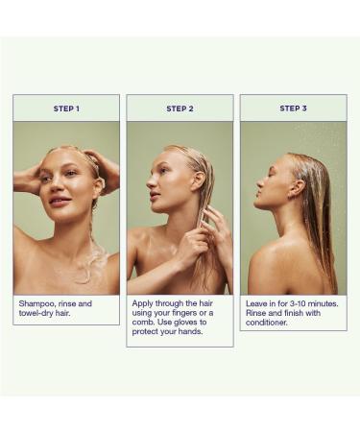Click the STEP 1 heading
point(66,108)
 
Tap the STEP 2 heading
point(180,108)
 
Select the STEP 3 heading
point(293,108)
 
